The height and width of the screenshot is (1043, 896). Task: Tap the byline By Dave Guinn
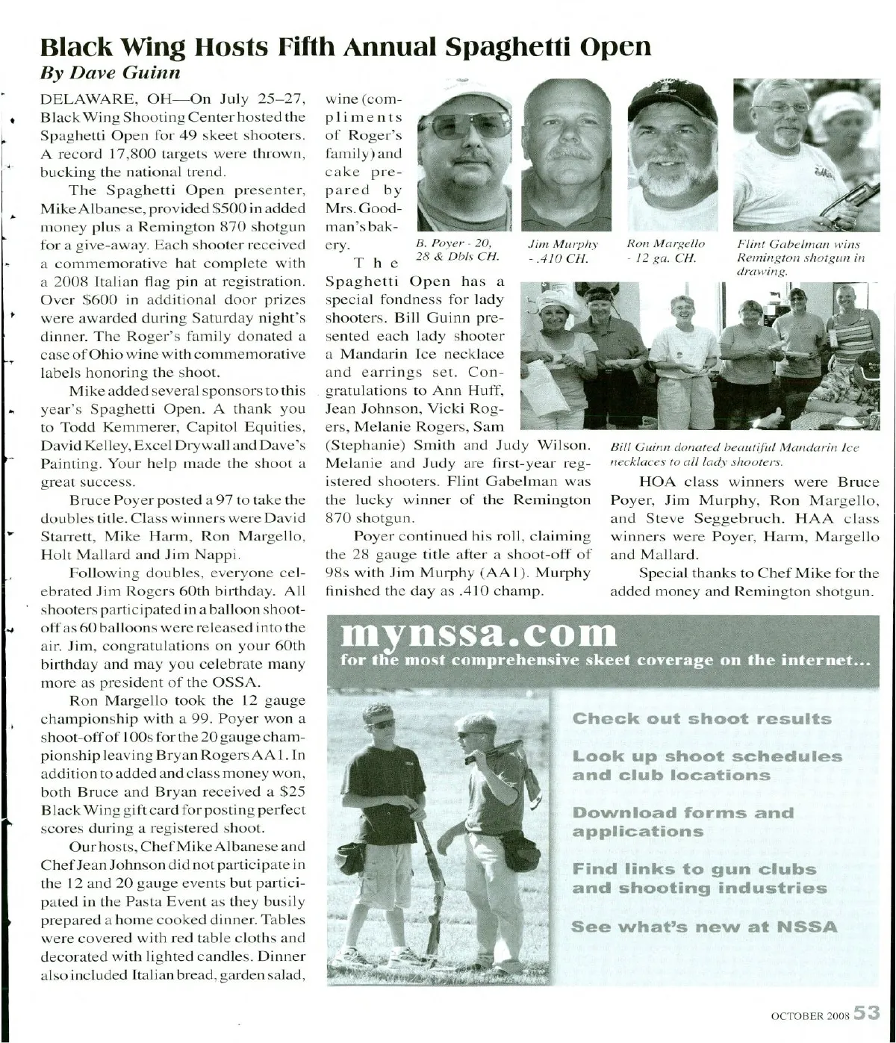coord(110,72)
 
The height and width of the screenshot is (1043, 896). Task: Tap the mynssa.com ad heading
coord(479,635)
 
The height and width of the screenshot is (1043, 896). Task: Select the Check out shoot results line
coord(702,719)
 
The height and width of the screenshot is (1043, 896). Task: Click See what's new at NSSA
coord(704,927)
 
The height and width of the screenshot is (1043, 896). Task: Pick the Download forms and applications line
coord(682,822)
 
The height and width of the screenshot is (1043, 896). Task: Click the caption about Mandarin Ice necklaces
coord(735,454)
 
